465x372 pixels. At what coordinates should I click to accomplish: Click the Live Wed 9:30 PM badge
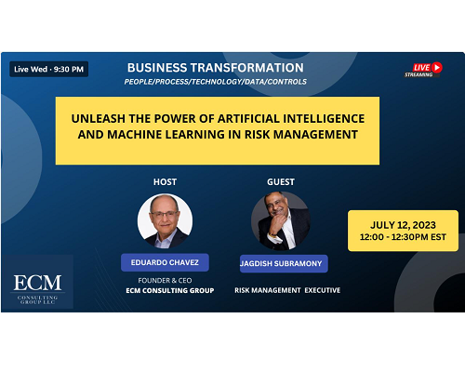49,69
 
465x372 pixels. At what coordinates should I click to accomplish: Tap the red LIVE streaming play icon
437,67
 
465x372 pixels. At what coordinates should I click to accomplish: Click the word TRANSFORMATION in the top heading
246,68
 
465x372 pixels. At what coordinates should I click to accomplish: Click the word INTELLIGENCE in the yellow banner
324,118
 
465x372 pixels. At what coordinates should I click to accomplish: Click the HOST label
165,182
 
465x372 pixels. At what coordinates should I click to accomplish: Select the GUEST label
281,182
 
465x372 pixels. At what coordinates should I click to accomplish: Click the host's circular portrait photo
165,221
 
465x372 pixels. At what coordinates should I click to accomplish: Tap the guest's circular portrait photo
281,221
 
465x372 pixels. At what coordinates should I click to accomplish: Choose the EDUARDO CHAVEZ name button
165,262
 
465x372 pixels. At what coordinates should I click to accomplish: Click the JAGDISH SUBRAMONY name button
284,264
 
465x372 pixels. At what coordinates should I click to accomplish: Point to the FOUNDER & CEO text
165,281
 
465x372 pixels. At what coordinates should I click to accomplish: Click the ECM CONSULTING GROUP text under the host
170,290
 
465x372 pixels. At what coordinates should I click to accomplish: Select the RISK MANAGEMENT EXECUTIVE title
287,290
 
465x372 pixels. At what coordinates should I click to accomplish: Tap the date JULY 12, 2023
403,225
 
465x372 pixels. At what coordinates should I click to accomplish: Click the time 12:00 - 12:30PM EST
403,237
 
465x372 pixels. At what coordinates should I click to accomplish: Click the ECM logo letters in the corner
37,283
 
